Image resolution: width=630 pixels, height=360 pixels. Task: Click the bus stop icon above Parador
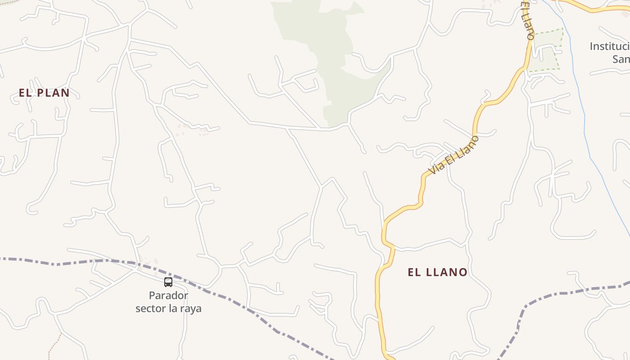(168, 282)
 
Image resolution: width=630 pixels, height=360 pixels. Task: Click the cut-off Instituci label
(609, 46)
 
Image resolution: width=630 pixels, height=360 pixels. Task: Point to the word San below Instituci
(621, 59)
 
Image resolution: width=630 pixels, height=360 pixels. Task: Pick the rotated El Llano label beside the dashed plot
(527, 20)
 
